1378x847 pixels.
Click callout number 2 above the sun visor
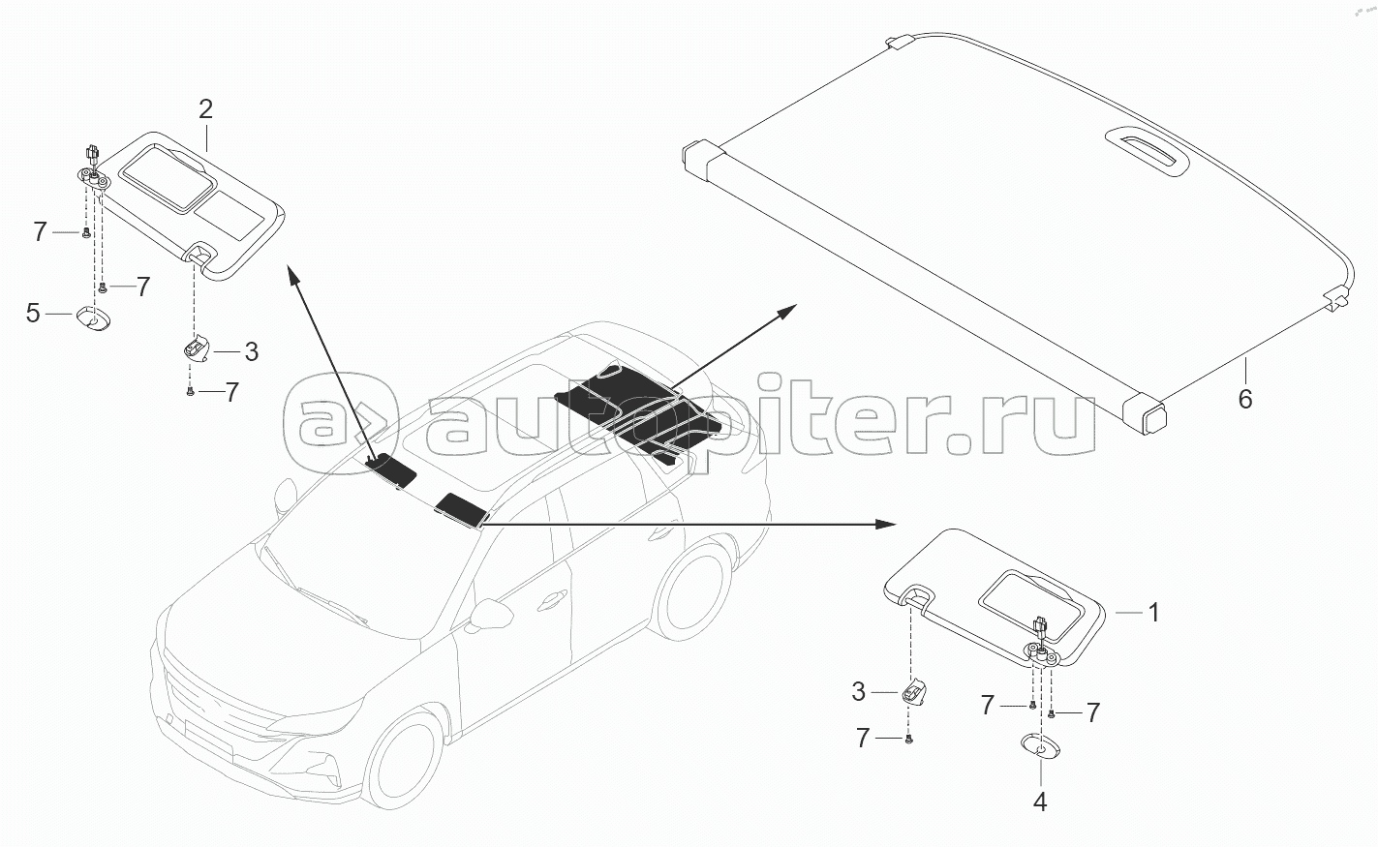(205, 108)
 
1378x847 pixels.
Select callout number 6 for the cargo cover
(1245, 398)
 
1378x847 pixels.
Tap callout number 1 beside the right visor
(1152, 612)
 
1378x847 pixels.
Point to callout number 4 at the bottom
(1040, 802)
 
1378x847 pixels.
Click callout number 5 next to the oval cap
(33, 313)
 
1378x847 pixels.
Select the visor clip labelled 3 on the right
(914, 692)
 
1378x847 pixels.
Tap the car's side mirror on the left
(284, 495)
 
